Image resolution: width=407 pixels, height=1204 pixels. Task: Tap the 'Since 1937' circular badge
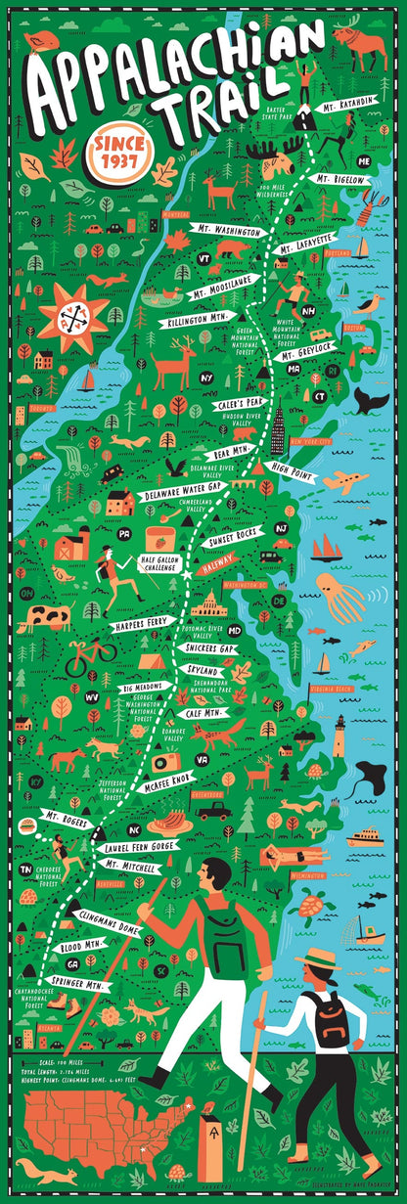pos(116,151)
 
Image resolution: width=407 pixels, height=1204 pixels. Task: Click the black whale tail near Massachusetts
pos(369,399)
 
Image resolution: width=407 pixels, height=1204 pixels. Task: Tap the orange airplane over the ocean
pos(343,481)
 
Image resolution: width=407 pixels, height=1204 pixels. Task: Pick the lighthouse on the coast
pos(339,735)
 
